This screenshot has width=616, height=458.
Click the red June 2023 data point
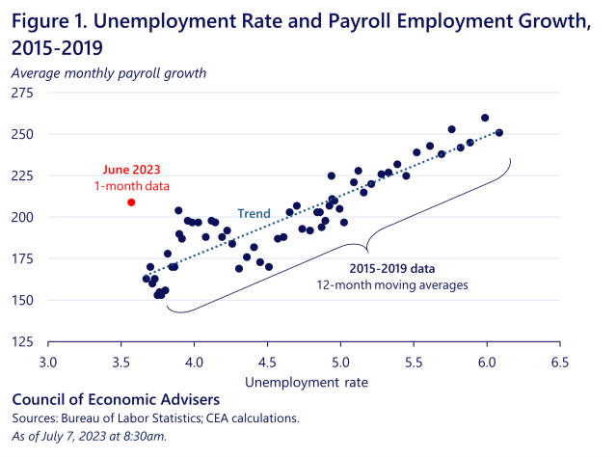[x=131, y=202]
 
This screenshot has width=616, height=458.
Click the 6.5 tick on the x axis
[x=557, y=363]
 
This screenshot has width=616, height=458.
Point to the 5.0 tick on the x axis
[x=339, y=363]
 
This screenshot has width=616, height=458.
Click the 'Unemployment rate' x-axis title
[x=303, y=384]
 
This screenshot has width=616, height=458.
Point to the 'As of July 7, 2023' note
[x=67, y=436]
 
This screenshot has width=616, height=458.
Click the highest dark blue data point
[x=485, y=118]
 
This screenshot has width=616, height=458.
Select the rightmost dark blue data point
[x=498, y=133]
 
